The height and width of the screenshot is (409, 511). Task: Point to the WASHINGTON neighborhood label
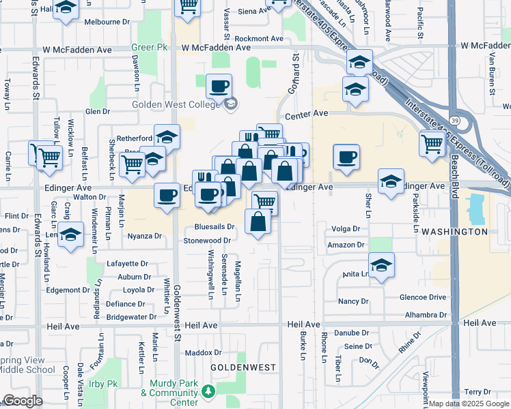point(454,232)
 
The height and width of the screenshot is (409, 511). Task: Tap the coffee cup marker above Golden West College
point(219,87)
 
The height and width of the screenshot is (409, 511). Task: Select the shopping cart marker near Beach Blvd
point(432,143)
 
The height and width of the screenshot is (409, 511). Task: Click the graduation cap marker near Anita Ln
point(381,265)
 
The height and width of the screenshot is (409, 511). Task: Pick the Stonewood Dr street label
point(207,241)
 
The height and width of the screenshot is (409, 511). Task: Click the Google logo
point(23,401)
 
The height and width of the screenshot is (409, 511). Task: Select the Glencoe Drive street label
point(424,297)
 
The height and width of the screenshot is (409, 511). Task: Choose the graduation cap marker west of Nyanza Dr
point(69,235)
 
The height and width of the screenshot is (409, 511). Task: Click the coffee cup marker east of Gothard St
point(346,157)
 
